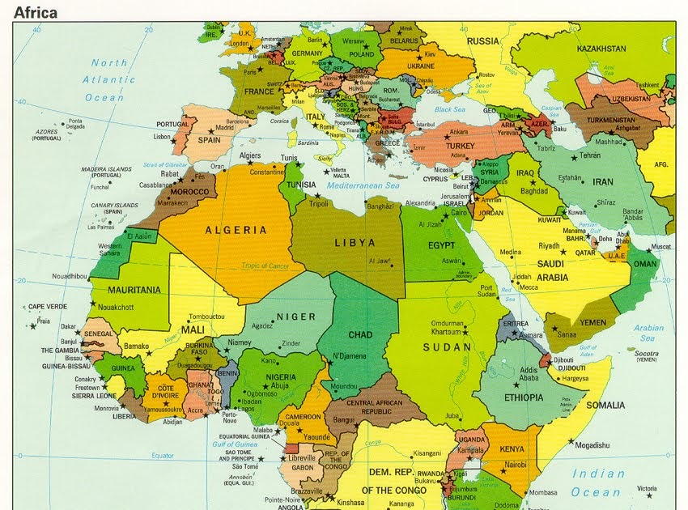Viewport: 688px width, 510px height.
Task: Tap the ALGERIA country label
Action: point(236,230)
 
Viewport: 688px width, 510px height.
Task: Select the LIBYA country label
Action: point(355,242)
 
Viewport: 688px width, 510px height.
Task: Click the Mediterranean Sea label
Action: point(365,185)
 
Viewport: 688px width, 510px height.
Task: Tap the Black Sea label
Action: point(450,109)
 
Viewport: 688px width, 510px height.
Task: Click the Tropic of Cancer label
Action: point(265,266)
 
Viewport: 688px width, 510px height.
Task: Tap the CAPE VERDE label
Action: point(48,307)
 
